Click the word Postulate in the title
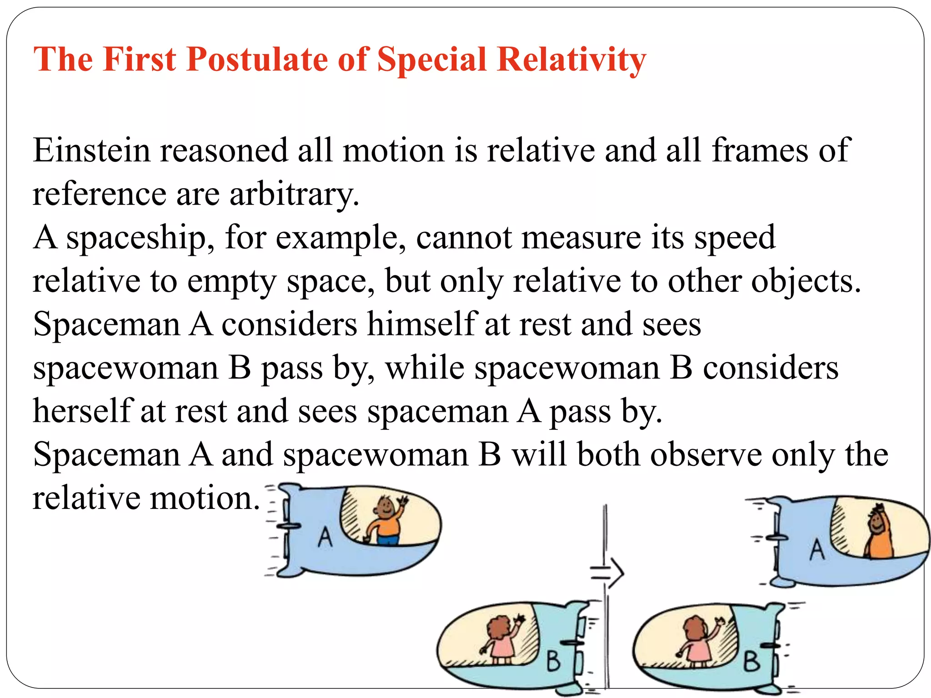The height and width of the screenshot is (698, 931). tap(257, 60)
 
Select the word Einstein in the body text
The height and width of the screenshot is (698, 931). tap(91, 150)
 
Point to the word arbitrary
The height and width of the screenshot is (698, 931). tap(294, 194)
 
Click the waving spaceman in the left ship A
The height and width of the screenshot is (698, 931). tap(386, 520)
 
